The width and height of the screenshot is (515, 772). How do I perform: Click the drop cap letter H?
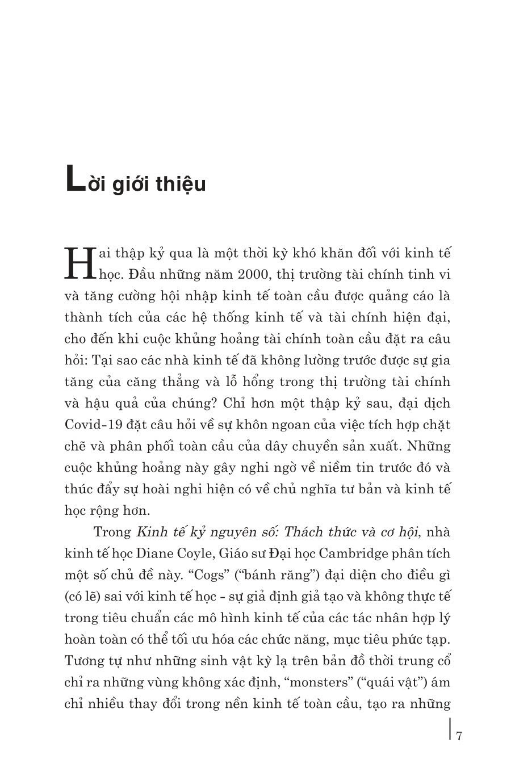79,262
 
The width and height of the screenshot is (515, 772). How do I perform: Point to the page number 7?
459,737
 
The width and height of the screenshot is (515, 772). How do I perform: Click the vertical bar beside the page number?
450,729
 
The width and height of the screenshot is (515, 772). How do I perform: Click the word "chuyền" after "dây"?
325,446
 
